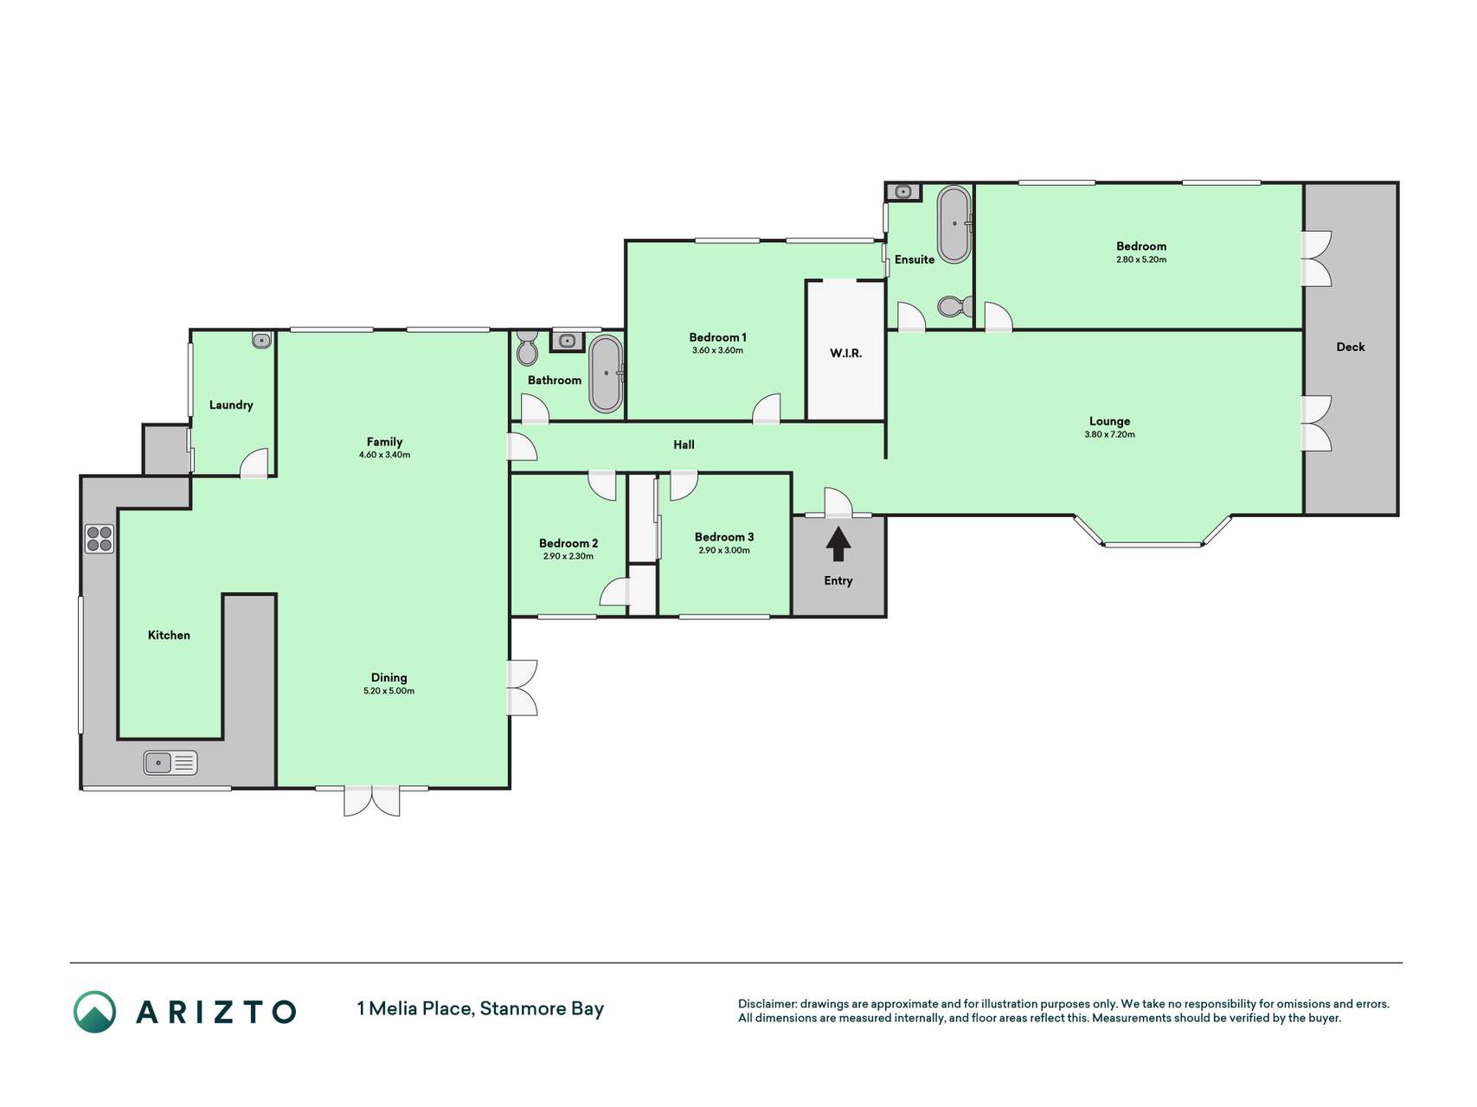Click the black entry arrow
pyautogui.click(x=838, y=544)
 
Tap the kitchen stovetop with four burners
pyautogui.click(x=100, y=539)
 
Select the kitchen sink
pyautogui.click(x=170, y=763)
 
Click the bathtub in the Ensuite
pyautogui.click(x=954, y=224)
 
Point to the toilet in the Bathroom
pyautogui.click(x=527, y=349)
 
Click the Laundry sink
pyautogui.click(x=261, y=341)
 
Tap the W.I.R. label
pyautogui.click(x=845, y=354)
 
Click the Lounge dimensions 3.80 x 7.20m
pyautogui.click(x=1109, y=435)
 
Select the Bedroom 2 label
pyautogui.click(x=568, y=543)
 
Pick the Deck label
pyautogui.click(x=1350, y=347)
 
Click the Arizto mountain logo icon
pyautogui.click(x=94, y=1012)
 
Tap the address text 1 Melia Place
pyautogui.click(x=414, y=1009)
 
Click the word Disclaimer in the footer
pyautogui.click(x=767, y=1004)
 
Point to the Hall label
pyautogui.click(x=684, y=445)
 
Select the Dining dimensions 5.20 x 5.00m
pyautogui.click(x=389, y=691)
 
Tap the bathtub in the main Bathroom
pyautogui.click(x=606, y=374)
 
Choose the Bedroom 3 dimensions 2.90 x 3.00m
pyautogui.click(x=724, y=550)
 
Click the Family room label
pyautogui.click(x=384, y=442)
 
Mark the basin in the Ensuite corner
pyautogui.click(x=903, y=191)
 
